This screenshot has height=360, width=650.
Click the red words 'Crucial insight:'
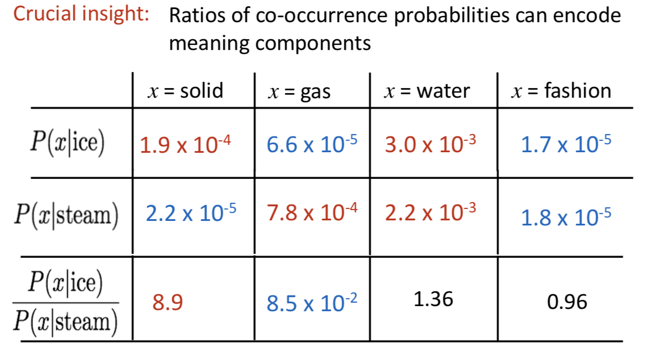(81, 14)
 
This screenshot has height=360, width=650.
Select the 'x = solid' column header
(185, 90)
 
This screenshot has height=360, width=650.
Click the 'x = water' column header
(427, 91)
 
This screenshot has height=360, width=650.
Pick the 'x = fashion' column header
(561, 90)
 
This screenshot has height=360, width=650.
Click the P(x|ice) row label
(67, 143)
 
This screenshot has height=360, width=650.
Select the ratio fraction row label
(65, 302)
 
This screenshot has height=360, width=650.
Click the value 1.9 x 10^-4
(185, 145)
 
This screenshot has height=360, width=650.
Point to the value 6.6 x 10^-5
(312, 145)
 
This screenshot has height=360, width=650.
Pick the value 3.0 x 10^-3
(430, 145)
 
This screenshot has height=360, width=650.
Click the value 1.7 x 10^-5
(566, 145)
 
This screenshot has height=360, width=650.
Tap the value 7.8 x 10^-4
(312, 212)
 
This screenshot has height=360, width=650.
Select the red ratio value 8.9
(168, 302)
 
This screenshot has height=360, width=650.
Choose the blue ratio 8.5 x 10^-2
(312, 303)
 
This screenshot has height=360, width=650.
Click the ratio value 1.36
(434, 299)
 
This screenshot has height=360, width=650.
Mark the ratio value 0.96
(567, 302)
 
